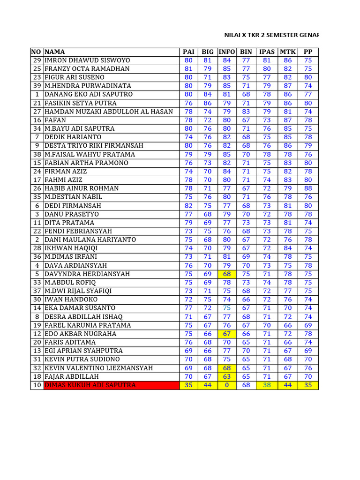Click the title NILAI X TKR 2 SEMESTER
271,35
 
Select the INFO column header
227,52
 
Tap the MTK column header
288,52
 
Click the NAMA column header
55,52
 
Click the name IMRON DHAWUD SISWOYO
87,60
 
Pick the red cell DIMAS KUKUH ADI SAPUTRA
90,385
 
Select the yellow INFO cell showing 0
227,385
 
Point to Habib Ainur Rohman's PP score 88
308,188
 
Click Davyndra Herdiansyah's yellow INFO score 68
227,274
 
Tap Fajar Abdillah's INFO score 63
227,377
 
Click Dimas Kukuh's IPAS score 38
267,385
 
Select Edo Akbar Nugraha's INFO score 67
227,334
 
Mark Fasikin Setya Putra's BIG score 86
208,103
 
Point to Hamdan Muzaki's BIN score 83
246,112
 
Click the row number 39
37,86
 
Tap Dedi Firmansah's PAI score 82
188,206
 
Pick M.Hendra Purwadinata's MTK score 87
288,86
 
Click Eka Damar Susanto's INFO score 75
227,308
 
